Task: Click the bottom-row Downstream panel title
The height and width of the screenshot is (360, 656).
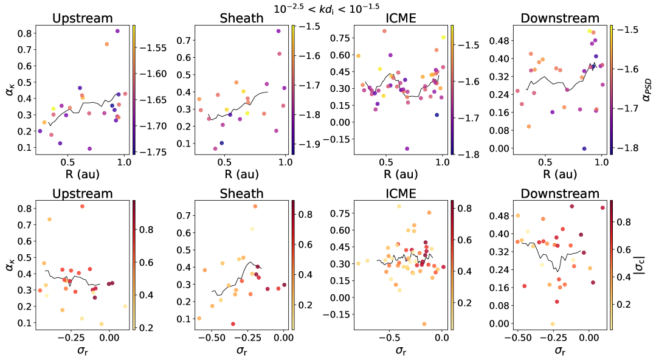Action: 551,193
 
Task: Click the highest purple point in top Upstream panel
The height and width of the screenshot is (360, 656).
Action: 117,31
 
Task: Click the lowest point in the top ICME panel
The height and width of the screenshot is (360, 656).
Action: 407,148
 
